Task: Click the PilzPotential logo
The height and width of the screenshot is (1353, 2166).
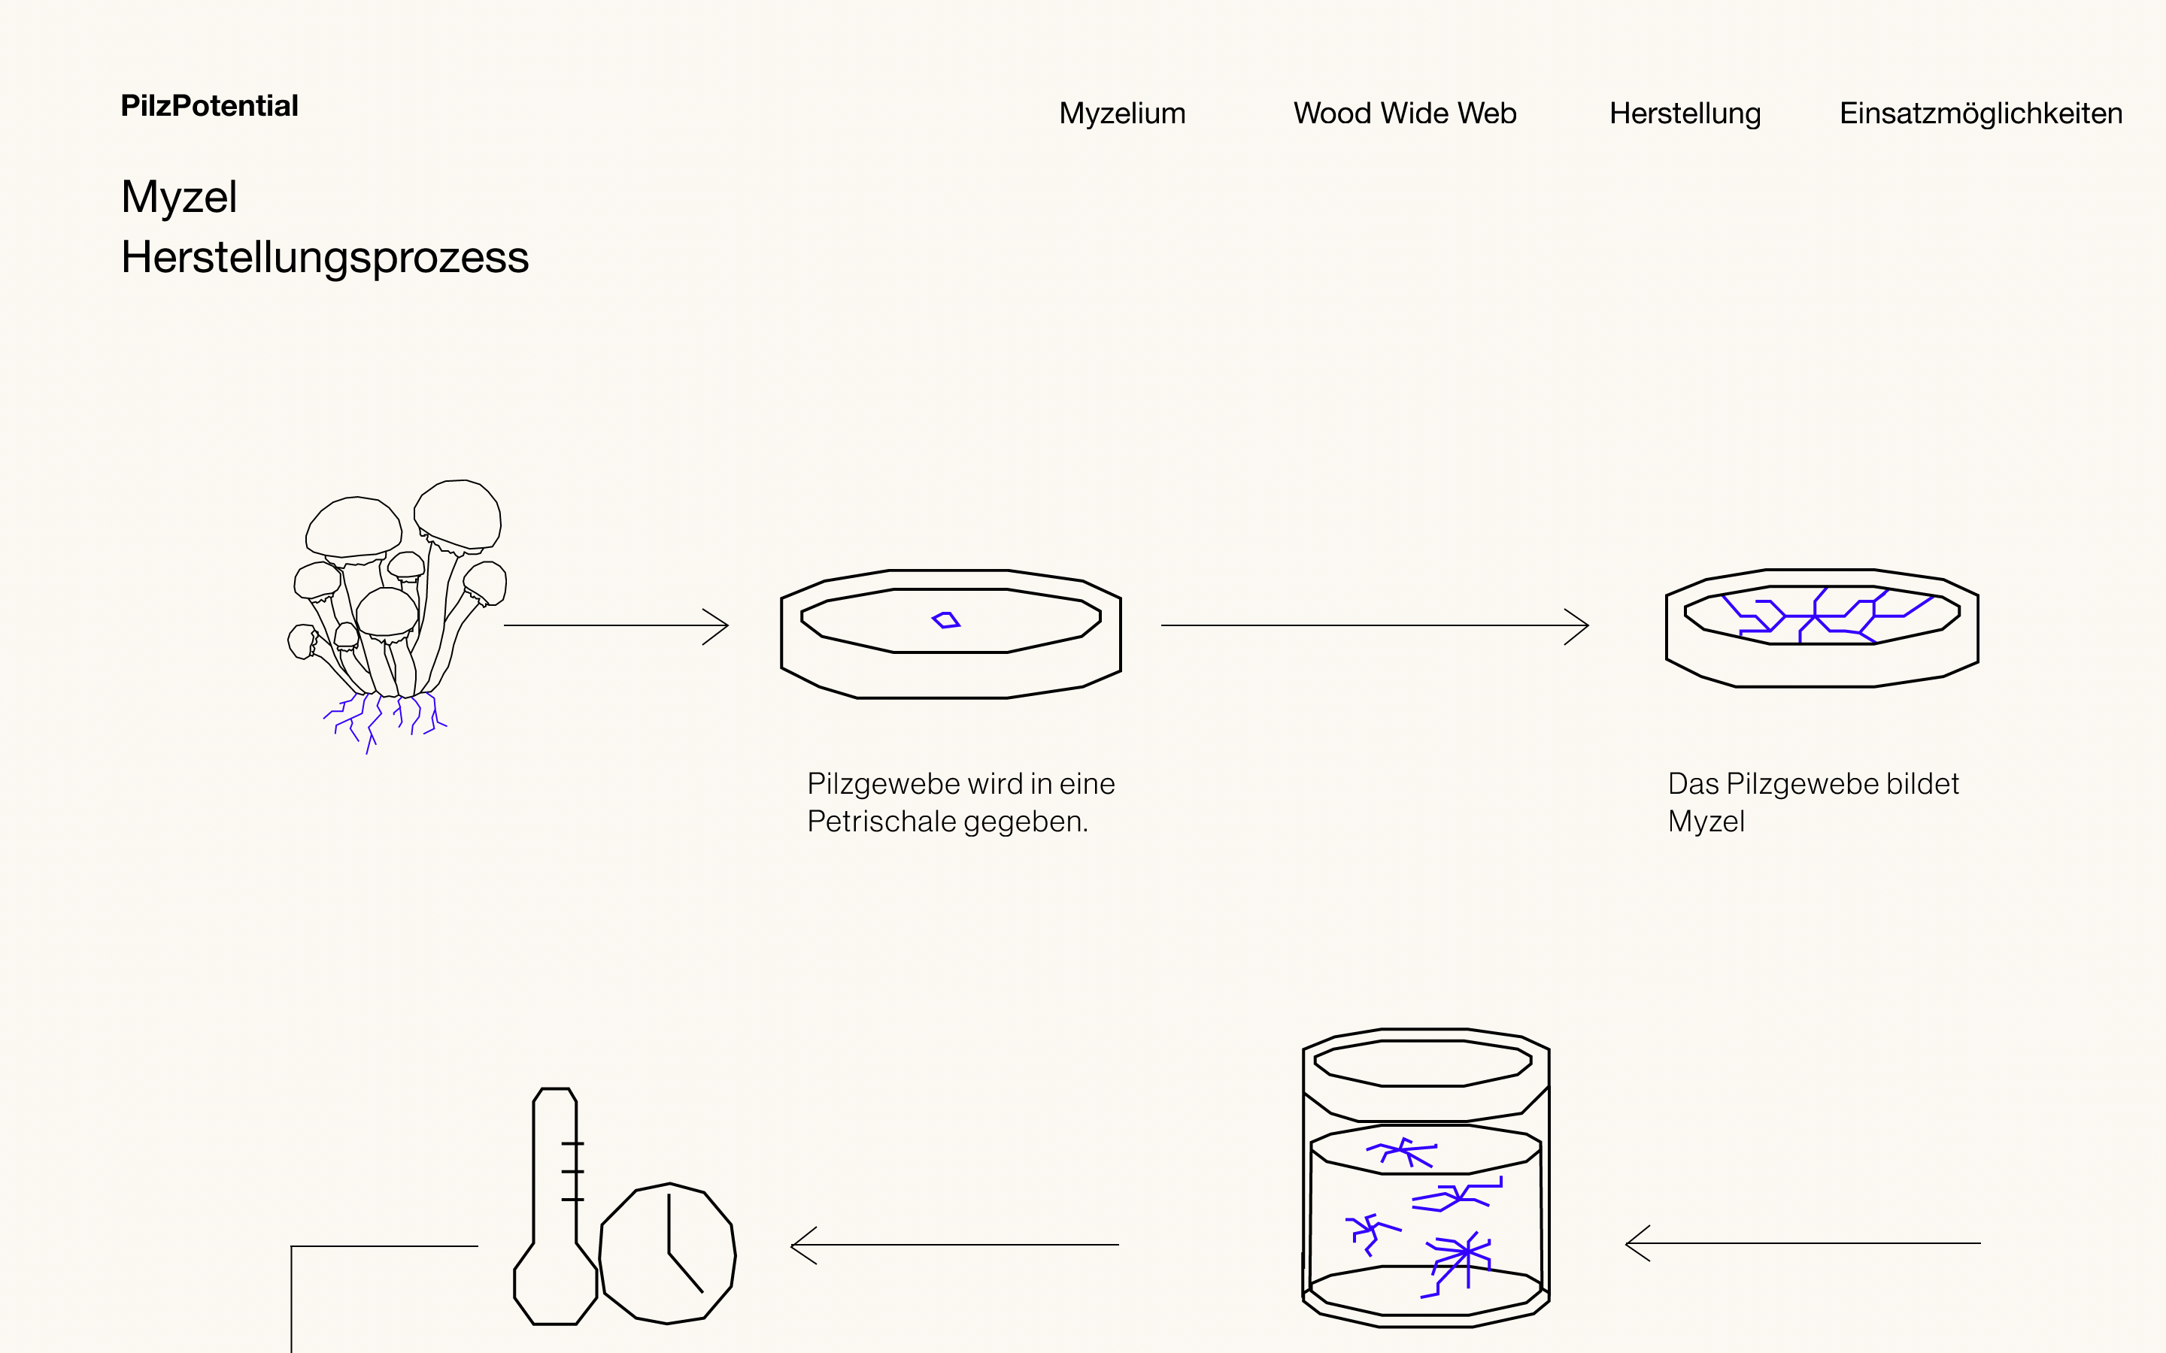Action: click(x=209, y=105)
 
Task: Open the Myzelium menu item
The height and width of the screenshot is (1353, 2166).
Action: click(x=1121, y=114)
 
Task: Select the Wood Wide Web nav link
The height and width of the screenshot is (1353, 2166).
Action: click(x=1404, y=114)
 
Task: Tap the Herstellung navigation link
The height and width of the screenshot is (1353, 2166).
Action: click(x=1685, y=114)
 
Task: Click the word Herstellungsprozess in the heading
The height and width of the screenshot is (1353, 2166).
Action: click(x=325, y=258)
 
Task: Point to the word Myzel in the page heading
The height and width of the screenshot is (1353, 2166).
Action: click(x=179, y=197)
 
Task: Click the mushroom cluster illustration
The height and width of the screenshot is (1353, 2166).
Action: click(x=399, y=591)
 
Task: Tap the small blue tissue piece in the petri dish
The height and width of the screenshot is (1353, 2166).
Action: click(x=945, y=620)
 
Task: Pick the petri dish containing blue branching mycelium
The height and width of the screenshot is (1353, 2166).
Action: click(x=1822, y=626)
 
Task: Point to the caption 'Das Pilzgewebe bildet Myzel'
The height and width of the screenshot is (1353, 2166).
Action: click(x=1813, y=802)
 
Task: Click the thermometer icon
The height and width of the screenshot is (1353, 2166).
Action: click(x=555, y=1208)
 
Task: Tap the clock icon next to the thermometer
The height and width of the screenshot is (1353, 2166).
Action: click(x=668, y=1254)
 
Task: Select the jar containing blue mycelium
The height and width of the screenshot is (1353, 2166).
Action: click(x=1426, y=1181)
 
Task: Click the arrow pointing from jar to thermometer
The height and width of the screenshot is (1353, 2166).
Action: click(x=954, y=1245)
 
